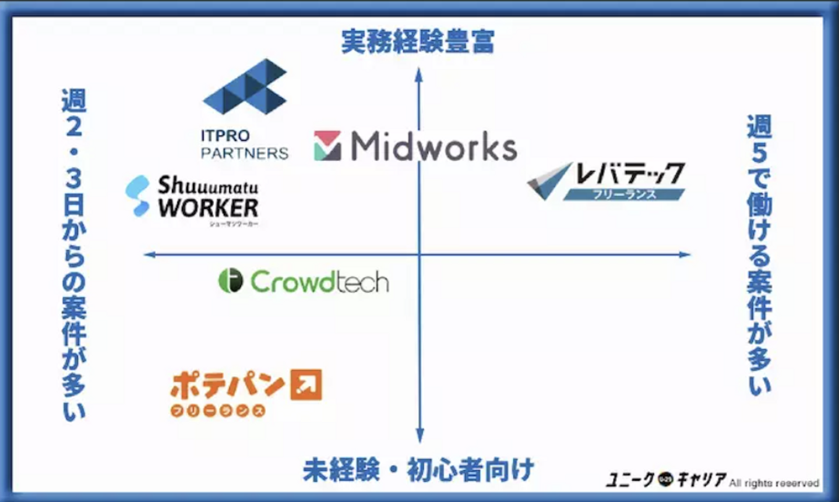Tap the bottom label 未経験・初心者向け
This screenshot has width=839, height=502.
click(x=418, y=470)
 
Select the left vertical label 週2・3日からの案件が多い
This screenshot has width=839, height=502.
click(x=74, y=254)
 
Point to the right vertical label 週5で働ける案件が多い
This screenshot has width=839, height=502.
click(x=759, y=254)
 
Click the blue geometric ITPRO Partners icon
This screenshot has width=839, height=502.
click(x=245, y=87)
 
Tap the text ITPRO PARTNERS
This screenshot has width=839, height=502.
click(x=244, y=144)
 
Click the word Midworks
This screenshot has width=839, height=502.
click(x=433, y=146)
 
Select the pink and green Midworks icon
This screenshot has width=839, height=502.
click(x=327, y=146)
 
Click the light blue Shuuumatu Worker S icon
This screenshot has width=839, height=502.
click(x=138, y=196)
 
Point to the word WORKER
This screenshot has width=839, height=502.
click(x=208, y=208)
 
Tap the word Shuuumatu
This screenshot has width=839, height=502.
click(x=207, y=186)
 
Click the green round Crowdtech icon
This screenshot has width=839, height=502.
click(x=230, y=281)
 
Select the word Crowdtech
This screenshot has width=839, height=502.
click(x=319, y=282)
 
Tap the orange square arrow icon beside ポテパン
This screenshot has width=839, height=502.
click(x=306, y=384)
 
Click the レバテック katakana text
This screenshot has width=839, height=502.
click(x=630, y=174)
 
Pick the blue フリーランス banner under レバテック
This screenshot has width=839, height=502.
click(x=624, y=194)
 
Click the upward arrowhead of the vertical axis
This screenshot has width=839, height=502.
click(x=419, y=74)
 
